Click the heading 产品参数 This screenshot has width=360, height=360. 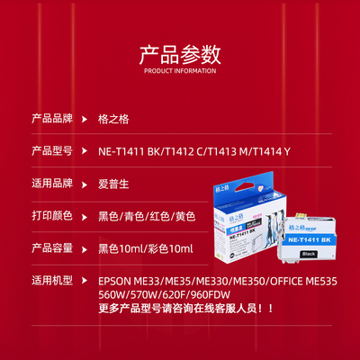(x=179, y=52)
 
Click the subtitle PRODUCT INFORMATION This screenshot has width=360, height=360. (x=179, y=69)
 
